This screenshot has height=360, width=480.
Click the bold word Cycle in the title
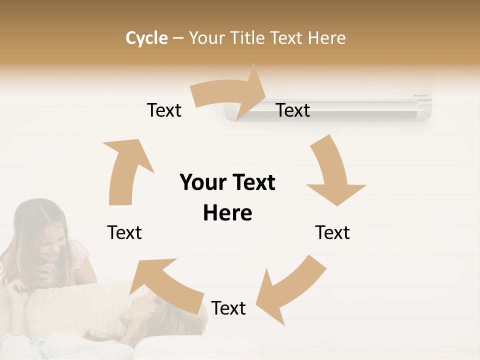[x=146, y=38]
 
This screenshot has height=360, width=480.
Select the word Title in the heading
[x=245, y=38]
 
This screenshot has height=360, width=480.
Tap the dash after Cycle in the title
[x=178, y=38]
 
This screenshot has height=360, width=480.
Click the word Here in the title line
[x=326, y=38]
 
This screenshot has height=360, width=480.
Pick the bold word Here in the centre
[x=227, y=213]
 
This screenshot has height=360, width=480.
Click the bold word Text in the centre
[x=252, y=182]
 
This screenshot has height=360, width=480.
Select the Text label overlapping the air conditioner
[x=293, y=110]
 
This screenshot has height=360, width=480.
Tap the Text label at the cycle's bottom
[x=228, y=308]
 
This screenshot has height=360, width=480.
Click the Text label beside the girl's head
[x=124, y=232]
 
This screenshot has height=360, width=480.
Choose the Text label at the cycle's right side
[x=332, y=232]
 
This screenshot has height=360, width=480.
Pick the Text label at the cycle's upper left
[x=164, y=110]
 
